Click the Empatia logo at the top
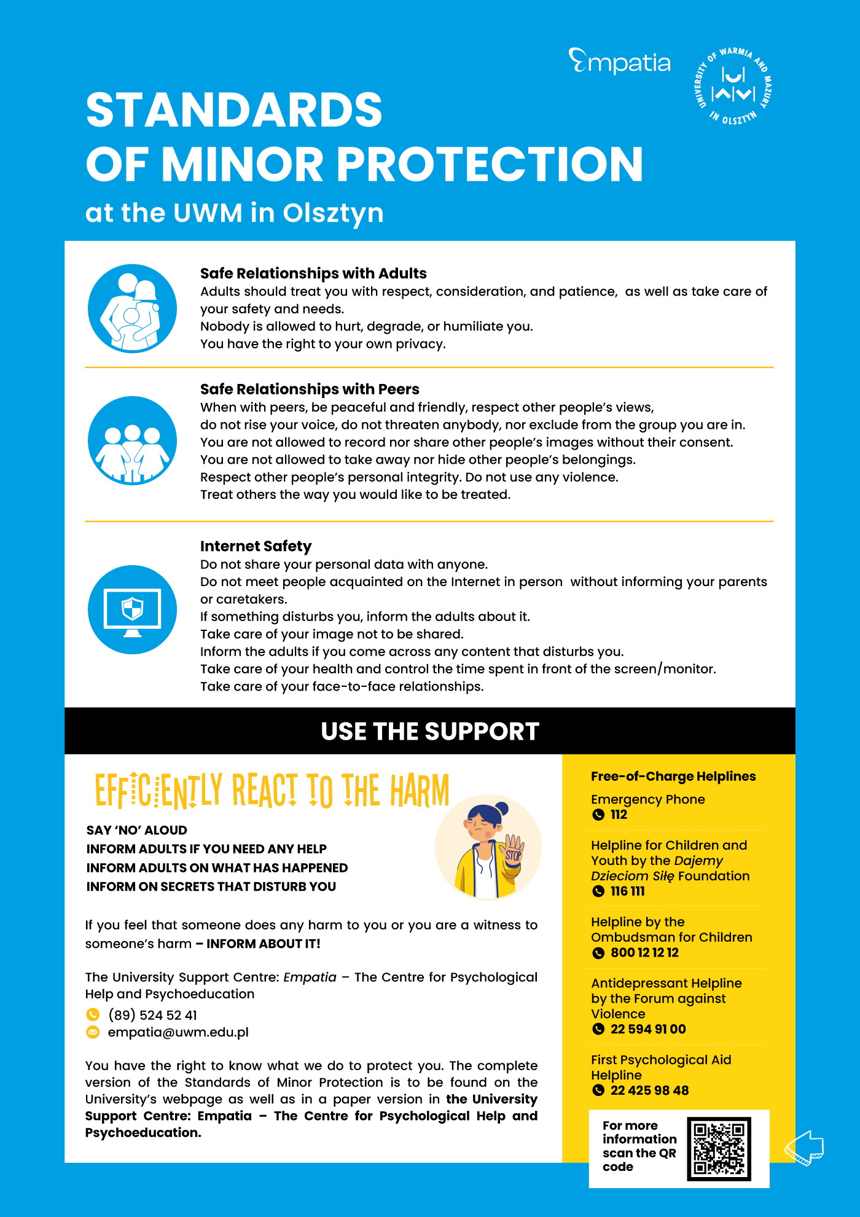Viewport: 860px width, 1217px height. click(619, 62)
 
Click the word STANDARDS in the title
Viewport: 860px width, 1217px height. click(234, 110)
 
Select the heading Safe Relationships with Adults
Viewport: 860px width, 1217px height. click(313, 273)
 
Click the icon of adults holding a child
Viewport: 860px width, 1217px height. click(132, 308)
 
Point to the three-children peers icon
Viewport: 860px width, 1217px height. click(132, 441)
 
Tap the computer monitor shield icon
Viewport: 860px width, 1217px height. click(132, 609)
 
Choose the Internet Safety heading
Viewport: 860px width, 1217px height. click(256, 546)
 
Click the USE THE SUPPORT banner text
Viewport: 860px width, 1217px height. click(430, 731)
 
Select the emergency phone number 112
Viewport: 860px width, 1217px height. click(619, 815)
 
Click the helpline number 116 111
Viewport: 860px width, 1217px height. click(627, 891)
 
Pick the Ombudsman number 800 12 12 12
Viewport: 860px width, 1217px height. click(644, 953)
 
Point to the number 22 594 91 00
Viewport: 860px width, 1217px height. click(648, 1029)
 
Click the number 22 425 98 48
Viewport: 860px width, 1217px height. click(649, 1090)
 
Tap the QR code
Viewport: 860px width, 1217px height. click(719, 1148)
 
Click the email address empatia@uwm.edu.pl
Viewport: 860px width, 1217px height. click(178, 1032)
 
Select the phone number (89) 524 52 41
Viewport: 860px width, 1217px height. click(152, 1015)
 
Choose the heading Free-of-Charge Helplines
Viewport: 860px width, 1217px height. click(673, 777)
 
